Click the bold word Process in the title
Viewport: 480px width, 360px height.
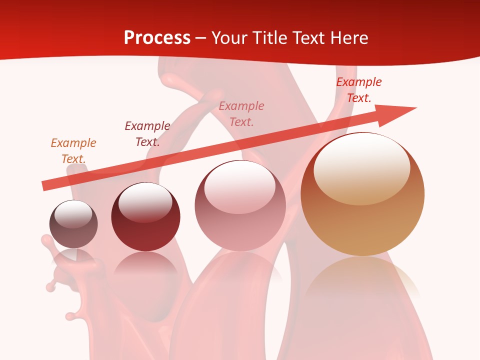click(x=157, y=37)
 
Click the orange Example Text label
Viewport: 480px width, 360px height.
click(x=73, y=150)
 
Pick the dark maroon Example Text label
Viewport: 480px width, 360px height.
click(x=147, y=134)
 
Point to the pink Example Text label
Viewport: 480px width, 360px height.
click(x=241, y=113)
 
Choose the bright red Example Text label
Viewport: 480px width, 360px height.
click(x=359, y=90)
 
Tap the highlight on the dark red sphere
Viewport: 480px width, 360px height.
click(x=145, y=202)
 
